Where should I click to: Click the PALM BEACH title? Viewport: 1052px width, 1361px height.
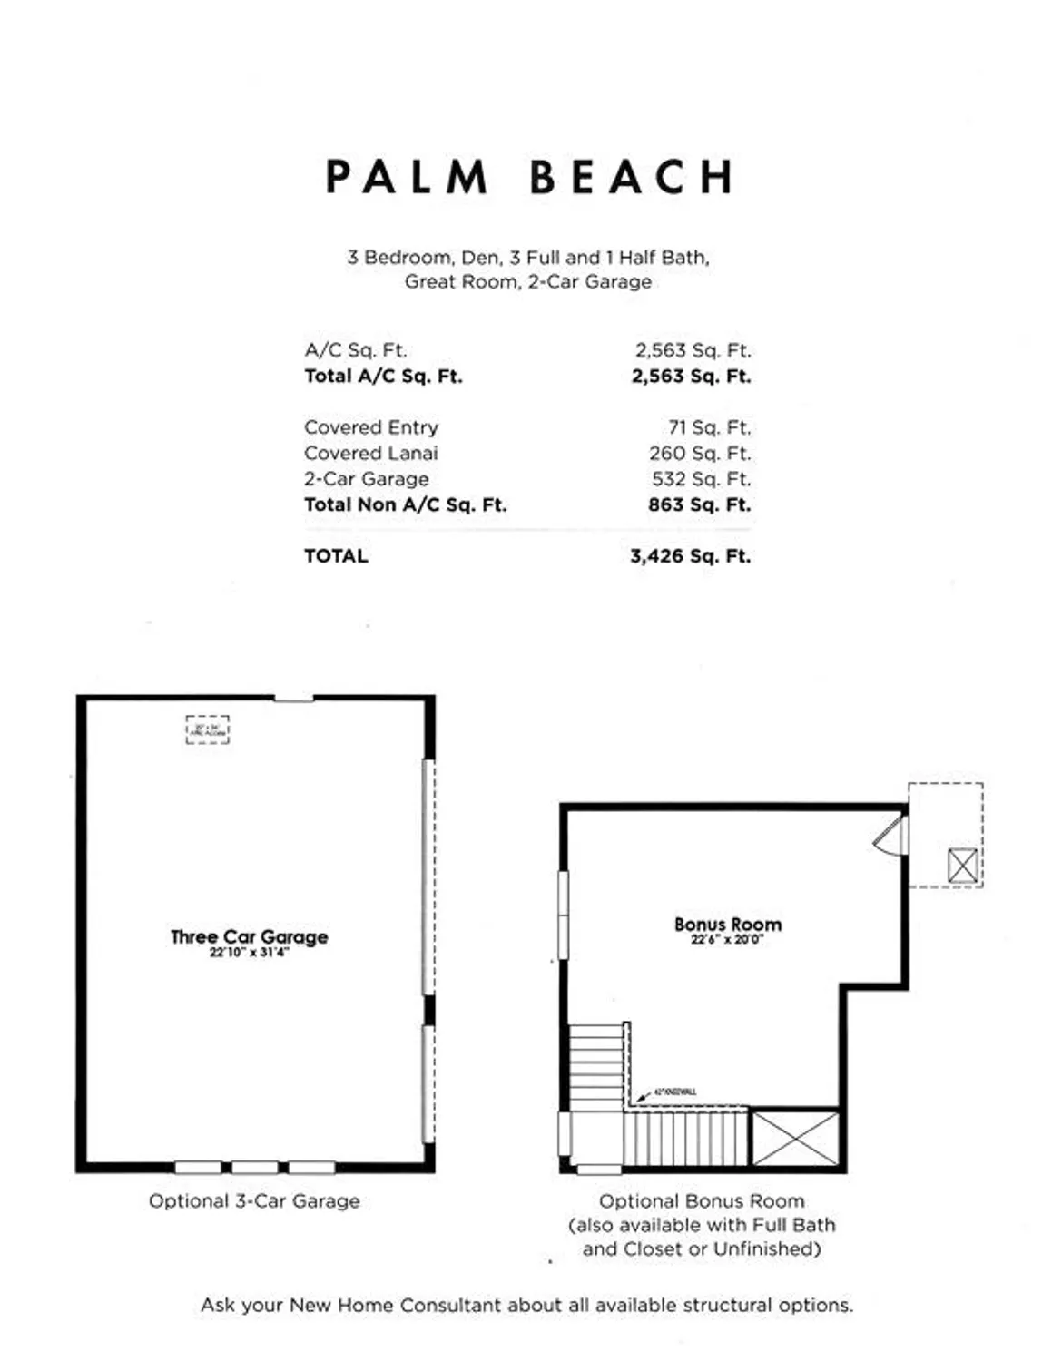529,178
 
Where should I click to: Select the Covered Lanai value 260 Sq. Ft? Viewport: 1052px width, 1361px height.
699,453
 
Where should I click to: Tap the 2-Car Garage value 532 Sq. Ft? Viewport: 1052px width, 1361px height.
700,478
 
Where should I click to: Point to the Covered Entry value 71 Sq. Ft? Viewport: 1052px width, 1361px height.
709,427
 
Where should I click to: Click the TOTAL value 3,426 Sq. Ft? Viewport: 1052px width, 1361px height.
690,556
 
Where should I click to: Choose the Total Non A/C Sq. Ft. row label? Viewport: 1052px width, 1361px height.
405,504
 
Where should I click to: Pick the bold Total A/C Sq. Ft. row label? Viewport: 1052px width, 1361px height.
383,376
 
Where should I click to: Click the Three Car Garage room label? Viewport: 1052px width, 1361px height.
249,936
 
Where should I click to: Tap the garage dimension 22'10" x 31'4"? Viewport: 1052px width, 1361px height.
249,953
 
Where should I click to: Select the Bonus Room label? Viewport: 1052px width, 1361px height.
727,925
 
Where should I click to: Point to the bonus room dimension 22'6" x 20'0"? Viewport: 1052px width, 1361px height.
727,940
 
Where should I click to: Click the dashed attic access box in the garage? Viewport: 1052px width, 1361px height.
208,729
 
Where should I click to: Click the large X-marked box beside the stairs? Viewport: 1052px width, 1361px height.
796,1137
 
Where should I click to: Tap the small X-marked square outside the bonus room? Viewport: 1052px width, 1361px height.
962,866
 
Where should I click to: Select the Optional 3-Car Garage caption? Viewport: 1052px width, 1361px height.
254,1201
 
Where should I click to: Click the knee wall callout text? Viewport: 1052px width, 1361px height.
675,1092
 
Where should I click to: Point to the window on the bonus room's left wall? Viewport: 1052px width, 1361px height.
563,914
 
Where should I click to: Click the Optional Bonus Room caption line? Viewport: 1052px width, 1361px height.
702,1201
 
